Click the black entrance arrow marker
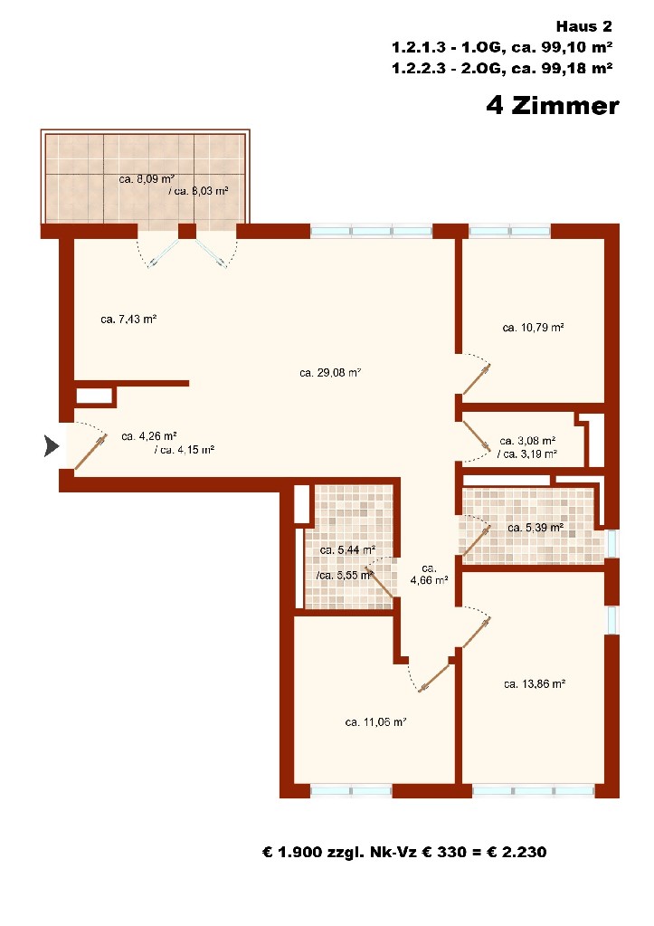pyautogui.click(x=52, y=446)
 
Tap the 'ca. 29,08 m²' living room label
pyautogui.click(x=330, y=373)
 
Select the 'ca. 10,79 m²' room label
pyautogui.click(x=533, y=327)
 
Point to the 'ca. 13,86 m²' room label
pyautogui.click(x=535, y=684)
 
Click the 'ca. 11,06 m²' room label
pyautogui.click(x=376, y=721)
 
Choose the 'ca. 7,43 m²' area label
pyautogui.click(x=128, y=319)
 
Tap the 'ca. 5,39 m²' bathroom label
pyautogui.click(x=536, y=528)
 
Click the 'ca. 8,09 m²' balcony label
pyautogui.click(x=147, y=179)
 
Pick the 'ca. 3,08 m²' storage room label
pyautogui.click(x=527, y=441)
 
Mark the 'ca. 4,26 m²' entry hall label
pyautogui.click(x=149, y=436)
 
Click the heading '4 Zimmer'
pyautogui.click(x=553, y=106)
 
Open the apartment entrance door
pyautogui.click(x=90, y=453)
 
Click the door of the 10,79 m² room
pyautogui.click(x=477, y=379)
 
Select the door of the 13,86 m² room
pyautogui.click(x=477, y=633)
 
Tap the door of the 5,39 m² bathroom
pyautogui.click(x=476, y=541)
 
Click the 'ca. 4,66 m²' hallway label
pyautogui.click(x=429, y=574)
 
